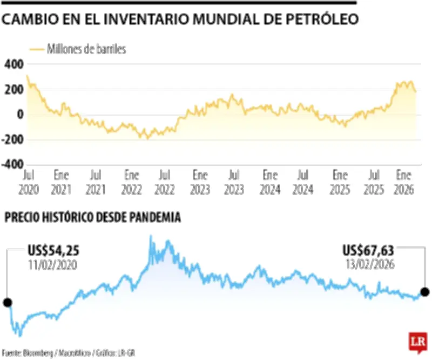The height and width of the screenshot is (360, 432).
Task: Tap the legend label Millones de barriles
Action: pyautogui.click(x=86, y=49)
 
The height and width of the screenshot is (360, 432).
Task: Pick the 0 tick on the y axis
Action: pyautogui.click(x=19, y=115)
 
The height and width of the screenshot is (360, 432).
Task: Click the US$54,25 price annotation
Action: pyautogui.click(x=52, y=251)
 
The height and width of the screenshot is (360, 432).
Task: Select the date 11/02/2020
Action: pyautogui.click(x=52, y=265)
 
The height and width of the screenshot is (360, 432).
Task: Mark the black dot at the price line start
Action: pyautogui.click(x=8, y=302)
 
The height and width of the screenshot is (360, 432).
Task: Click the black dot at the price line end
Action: pyautogui.click(x=425, y=292)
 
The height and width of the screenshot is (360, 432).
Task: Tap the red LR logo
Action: pyautogui.click(x=417, y=342)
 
